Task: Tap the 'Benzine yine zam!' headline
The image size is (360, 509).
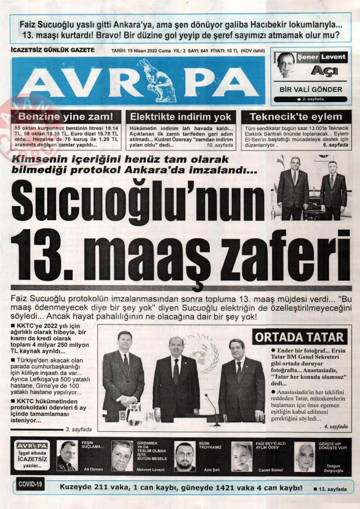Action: (x=66, y=117)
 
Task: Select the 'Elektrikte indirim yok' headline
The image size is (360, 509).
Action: (x=181, y=117)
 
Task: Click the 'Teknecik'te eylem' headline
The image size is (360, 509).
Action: (x=296, y=117)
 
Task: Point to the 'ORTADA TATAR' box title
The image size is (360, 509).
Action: (x=300, y=337)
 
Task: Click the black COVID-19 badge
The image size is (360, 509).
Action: (x=30, y=484)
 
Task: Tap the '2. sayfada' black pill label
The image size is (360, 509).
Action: (x=310, y=99)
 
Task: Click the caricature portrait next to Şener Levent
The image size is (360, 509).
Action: (x=285, y=64)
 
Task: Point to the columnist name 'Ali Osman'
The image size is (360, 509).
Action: (x=93, y=469)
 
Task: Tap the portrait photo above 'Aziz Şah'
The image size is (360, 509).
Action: (x=185, y=456)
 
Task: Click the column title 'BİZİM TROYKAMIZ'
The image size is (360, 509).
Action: (x=210, y=445)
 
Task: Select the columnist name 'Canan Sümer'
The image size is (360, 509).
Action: (x=271, y=470)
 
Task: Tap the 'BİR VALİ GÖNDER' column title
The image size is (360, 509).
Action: (x=311, y=89)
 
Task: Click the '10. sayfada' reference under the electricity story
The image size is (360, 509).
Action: (x=220, y=145)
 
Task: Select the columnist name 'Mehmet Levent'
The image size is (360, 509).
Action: (x=151, y=469)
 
